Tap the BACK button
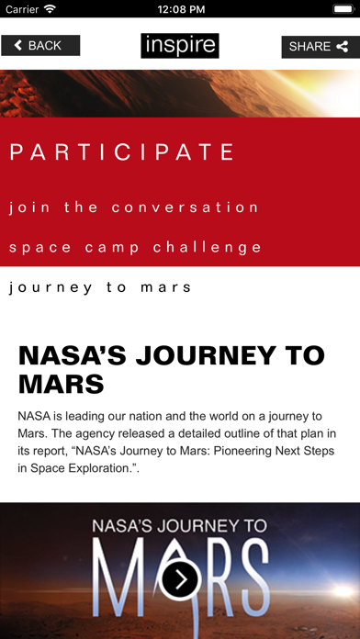(40, 45)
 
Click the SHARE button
(320, 46)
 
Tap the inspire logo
(180, 45)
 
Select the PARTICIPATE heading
(123, 151)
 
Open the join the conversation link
(135, 207)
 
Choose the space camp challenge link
(136, 247)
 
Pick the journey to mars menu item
(101, 287)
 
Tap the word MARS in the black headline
(62, 384)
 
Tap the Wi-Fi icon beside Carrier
(49, 8)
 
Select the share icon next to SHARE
(343, 46)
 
